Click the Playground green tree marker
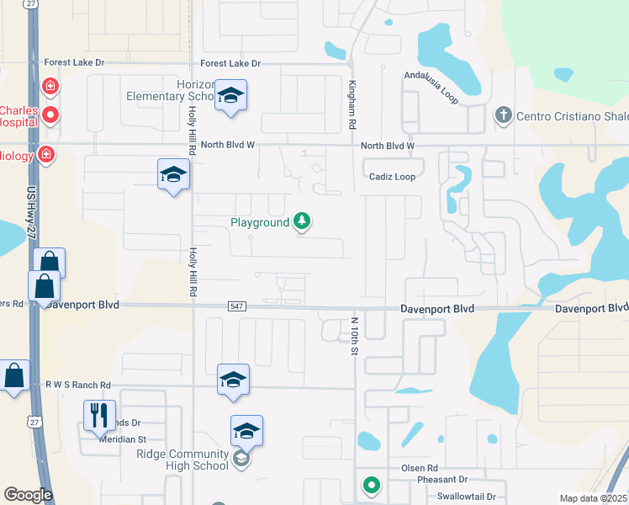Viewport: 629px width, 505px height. pos(302,222)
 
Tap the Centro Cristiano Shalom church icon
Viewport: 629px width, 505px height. pos(503,114)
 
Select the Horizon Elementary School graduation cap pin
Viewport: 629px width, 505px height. pos(230,96)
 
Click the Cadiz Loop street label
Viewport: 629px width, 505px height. pos(393,177)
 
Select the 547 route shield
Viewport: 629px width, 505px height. pos(236,307)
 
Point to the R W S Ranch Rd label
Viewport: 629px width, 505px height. pos(81,385)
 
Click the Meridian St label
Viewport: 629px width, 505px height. pos(123,439)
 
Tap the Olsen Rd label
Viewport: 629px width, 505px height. pos(420,467)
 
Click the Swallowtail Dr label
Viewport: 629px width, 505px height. pos(471,496)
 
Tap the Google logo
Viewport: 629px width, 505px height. pos(28,495)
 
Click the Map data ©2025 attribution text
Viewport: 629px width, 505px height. pos(593,498)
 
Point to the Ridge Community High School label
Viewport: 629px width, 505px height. pos(182,460)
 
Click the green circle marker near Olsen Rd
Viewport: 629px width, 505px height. pos(370,485)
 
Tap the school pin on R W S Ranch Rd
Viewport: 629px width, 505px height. pos(233,380)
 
